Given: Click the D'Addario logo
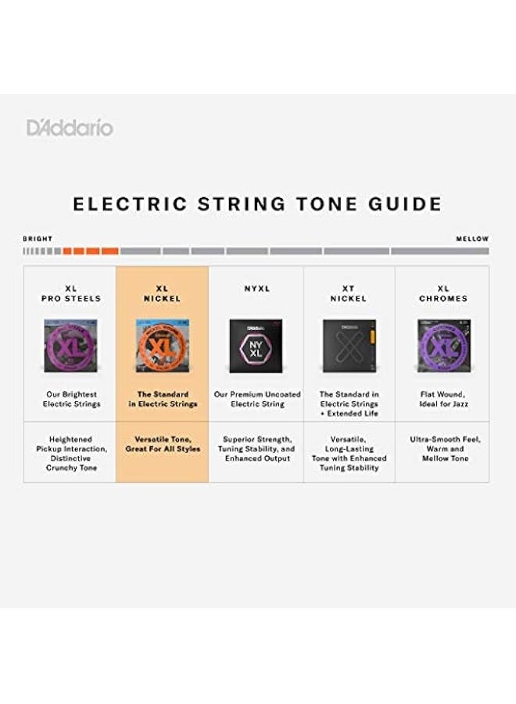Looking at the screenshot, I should tap(70, 128).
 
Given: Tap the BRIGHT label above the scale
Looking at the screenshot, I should tap(38, 239).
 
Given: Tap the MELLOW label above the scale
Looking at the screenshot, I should tap(472, 239).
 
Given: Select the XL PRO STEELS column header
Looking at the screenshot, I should tap(71, 293).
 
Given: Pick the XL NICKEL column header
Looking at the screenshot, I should tap(162, 293).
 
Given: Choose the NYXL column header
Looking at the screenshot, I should tap(256, 289).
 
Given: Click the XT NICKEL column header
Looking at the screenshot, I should tap(349, 293).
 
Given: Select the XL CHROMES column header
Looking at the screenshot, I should tap(443, 293).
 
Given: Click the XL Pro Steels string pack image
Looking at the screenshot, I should tap(71, 344).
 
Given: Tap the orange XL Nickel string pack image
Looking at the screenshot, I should tap(162, 344).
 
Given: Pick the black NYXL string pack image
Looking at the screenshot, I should tap(256, 345).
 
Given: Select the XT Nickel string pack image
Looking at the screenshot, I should tap(349, 345).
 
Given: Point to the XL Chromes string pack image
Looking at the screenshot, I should tap(443, 344).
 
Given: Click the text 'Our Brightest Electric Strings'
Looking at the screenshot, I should tap(71, 400).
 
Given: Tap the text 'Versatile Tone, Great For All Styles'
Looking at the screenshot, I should tap(163, 444).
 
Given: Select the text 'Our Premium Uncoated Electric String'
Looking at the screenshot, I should tap(256, 400).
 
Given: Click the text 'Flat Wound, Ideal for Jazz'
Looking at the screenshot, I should tap(443, 400).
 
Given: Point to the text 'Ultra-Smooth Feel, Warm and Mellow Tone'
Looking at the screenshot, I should tap(443, 449).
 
